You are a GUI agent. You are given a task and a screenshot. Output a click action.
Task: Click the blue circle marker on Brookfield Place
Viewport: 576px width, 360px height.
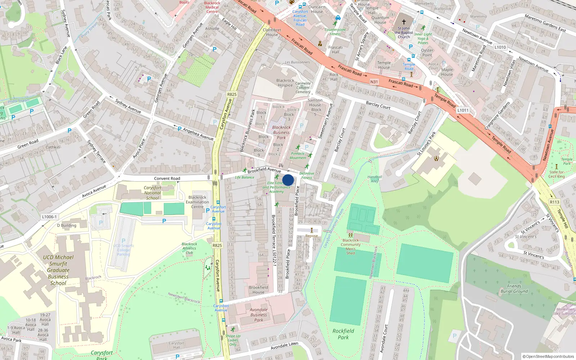tap(288, 180)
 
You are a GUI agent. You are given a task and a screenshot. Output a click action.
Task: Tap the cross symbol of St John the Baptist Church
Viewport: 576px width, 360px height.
tap(404, 22)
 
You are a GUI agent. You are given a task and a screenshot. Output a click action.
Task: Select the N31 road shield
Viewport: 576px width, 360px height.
tap(374, 82)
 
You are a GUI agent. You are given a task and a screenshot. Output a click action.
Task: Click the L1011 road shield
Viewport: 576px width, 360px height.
tap(463, 110)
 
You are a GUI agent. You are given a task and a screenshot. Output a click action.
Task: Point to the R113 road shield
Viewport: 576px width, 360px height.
tap(554, 202)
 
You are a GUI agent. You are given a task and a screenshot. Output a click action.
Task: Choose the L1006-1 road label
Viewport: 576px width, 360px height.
tap(49, 217)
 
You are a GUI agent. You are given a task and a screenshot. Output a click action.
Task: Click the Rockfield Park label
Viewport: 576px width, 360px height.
tap(343, 334)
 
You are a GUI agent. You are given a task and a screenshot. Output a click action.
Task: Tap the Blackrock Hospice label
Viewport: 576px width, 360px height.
tap(285, 83)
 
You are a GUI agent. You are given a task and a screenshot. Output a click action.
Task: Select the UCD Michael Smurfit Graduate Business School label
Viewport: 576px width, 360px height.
tap(58, 270)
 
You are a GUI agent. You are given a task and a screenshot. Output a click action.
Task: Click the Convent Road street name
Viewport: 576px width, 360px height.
tap(167, 179)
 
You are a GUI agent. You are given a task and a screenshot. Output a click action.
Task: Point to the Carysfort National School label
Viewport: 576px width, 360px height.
tap(152, 193)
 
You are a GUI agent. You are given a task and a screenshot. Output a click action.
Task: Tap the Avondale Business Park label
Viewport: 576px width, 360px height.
tap(258, 315)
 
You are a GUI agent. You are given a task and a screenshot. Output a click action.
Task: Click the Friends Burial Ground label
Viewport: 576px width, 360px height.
tap(514, 289)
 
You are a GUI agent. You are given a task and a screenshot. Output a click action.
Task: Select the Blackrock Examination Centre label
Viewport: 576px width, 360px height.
tap(197, 202)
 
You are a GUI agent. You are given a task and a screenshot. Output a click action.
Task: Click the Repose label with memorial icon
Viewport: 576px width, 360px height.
tap(312, 236)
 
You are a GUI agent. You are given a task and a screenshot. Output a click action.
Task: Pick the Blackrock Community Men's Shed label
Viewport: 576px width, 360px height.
tap(351, 247)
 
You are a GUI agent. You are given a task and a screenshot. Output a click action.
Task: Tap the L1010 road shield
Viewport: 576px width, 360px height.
tap(500, 47)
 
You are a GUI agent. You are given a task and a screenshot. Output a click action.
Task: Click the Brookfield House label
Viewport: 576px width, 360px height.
tap(258, 290)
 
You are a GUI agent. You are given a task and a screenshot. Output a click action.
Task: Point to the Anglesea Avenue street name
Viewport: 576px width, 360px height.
tap(198, 134)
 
